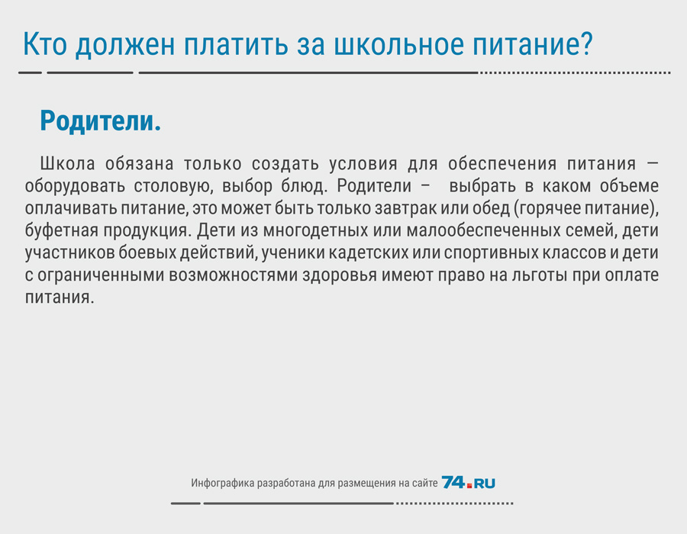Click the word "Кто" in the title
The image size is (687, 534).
[x=45, y=43]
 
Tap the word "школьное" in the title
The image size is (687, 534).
[x=398, y=43]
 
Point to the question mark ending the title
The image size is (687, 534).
[x=585, y=43]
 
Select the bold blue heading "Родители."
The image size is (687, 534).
[x=100, y=121]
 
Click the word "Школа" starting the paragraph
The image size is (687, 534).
[x=67, y=163]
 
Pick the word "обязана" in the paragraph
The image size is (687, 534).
[x=139, y=163]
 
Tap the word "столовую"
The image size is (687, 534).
[x=173, y=186]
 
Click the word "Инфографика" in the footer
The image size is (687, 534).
[x=223, y=483]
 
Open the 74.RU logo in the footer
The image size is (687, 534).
[x=469, y=482]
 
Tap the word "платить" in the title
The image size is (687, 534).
[x=236, y=43]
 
